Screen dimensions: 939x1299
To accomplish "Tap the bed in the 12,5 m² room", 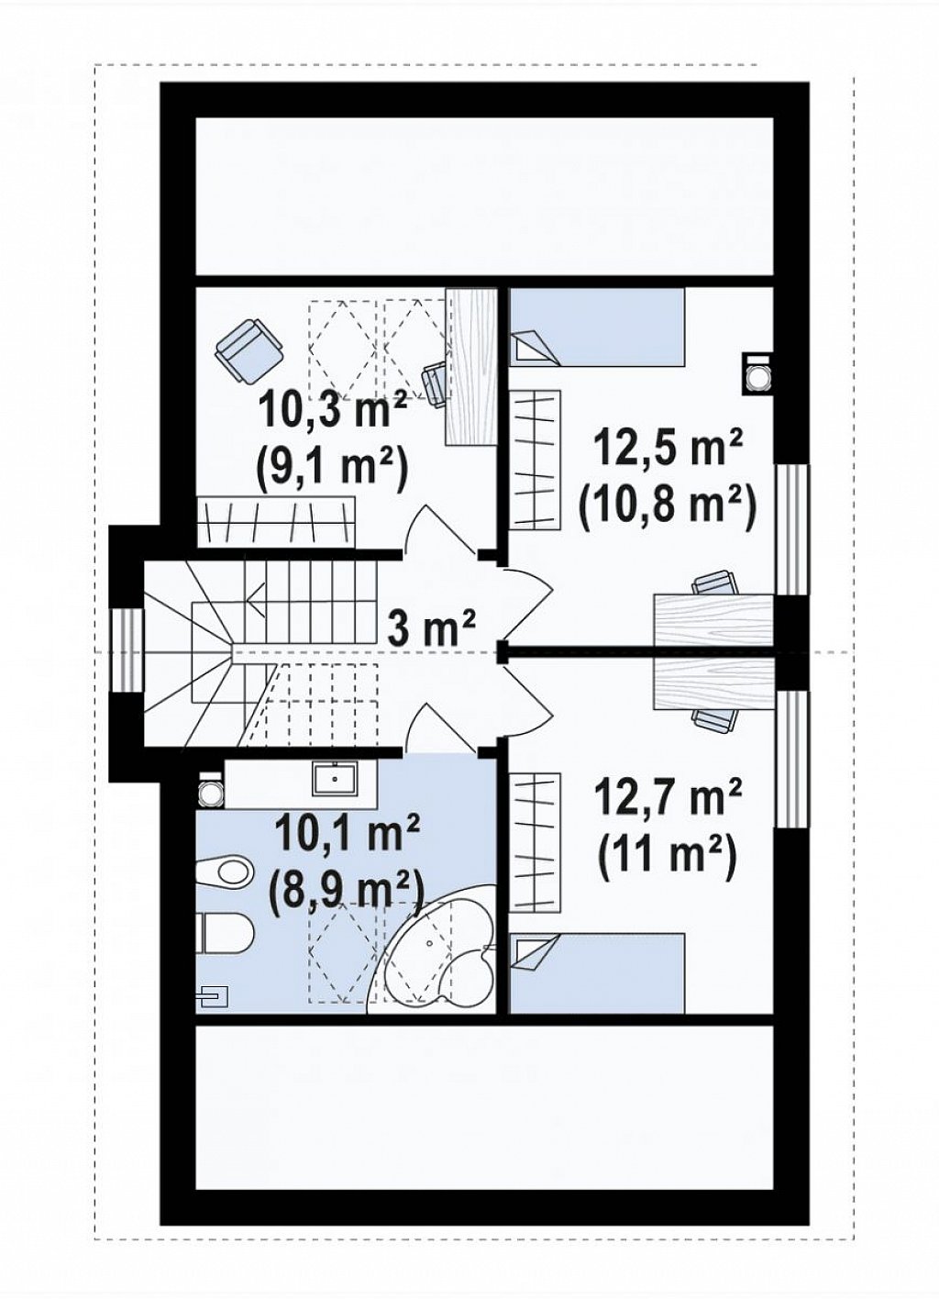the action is click(597, 328).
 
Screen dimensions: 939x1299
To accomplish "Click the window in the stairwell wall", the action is click(127, 650).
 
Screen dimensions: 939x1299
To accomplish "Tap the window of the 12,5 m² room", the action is click(791, 529).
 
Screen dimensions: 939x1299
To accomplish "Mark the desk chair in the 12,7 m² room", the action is click(717, 718).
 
